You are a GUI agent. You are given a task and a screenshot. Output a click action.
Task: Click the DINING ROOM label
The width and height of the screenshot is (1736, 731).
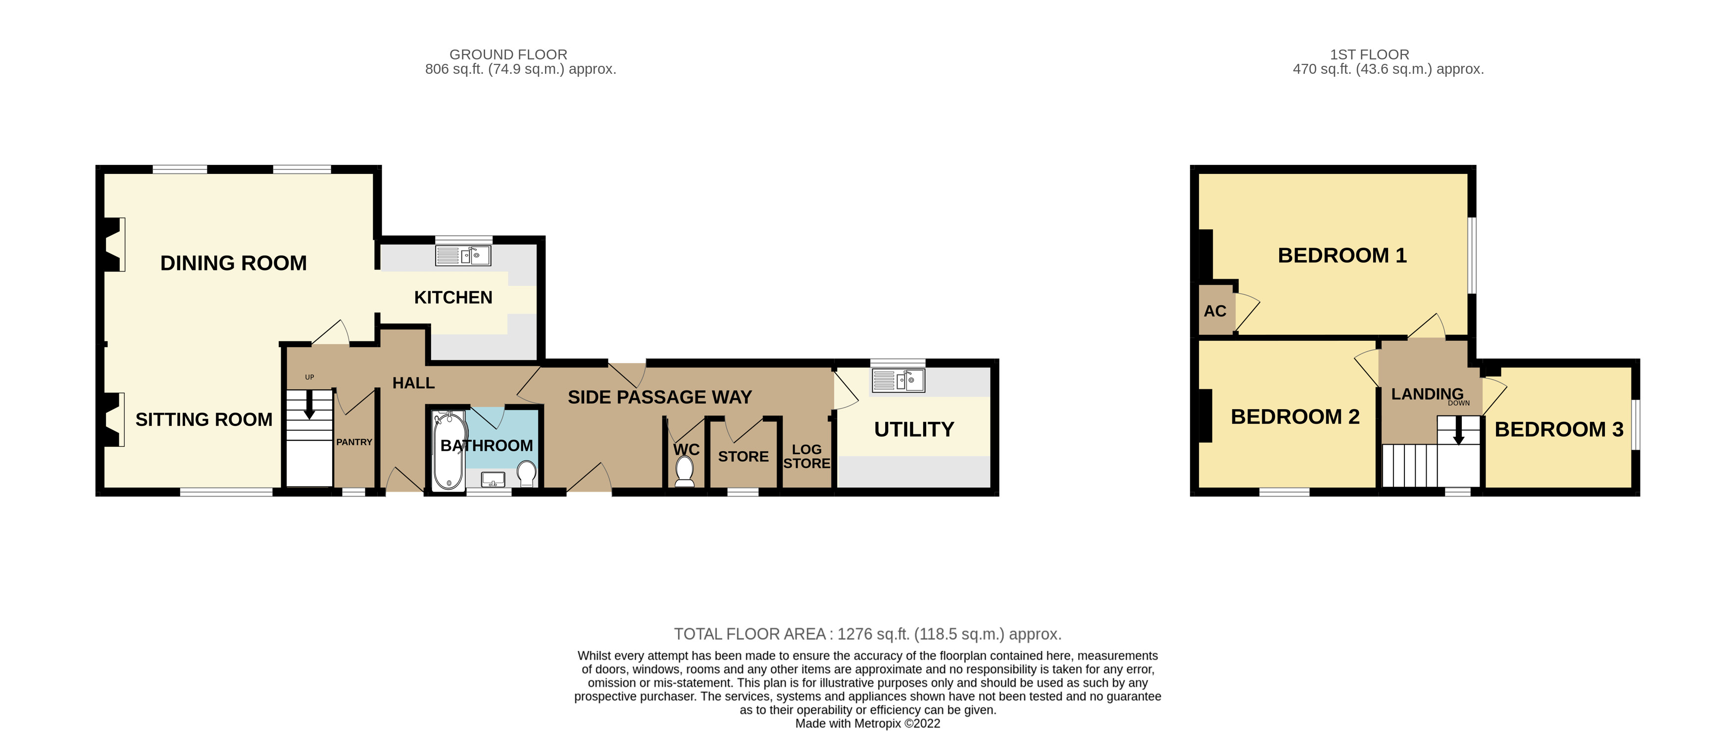[233, 263]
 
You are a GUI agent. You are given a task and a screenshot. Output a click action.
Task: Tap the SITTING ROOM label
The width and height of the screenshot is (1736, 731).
[204, 419]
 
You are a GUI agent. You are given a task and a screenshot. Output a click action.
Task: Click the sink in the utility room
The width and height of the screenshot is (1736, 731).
[898, 380]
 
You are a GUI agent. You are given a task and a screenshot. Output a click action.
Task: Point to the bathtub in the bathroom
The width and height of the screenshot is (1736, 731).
[448, 450]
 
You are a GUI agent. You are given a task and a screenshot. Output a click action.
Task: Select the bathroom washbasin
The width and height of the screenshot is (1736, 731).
[493, 479]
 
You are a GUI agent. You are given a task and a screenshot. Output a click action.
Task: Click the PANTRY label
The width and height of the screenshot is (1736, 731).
[354, 442]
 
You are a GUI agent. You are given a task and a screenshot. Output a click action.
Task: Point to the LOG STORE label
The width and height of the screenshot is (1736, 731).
[807, 457]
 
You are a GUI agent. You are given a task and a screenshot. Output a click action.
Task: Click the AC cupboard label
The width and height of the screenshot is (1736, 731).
[1215, 311]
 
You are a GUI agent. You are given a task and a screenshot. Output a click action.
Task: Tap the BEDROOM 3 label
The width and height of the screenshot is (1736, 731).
[1559, 429]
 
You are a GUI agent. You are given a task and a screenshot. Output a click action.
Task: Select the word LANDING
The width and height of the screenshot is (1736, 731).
[1427, 394]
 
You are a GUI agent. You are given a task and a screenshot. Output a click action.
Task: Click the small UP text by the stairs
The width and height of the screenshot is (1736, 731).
[309, 377]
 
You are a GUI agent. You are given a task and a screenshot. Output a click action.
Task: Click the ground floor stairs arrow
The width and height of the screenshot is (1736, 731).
[309, 405]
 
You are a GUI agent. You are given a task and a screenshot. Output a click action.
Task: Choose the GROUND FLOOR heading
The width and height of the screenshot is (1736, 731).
[508, 54]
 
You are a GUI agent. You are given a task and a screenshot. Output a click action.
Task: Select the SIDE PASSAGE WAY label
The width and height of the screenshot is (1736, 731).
[660, 397]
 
